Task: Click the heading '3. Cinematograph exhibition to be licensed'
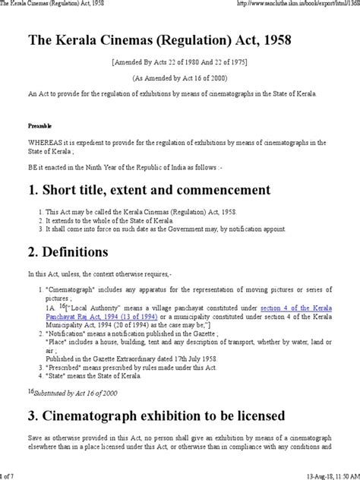click(156, 416)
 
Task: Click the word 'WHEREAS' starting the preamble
click(40, 142)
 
